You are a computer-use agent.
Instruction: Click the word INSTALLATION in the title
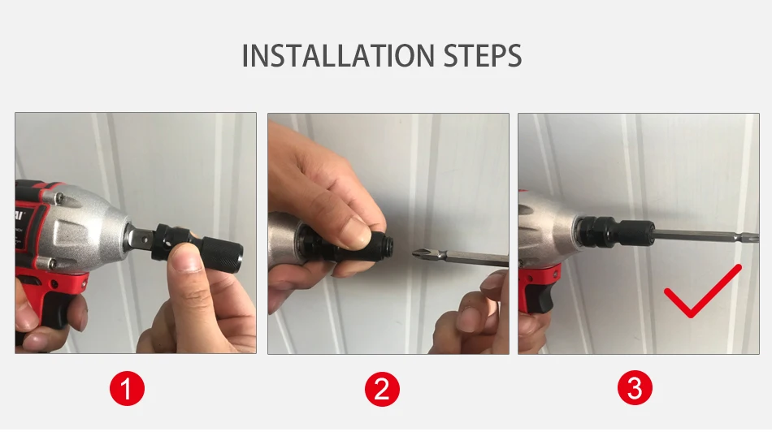click(338, 55)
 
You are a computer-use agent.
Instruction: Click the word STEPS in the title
click(483, 55)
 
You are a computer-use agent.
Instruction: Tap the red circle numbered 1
click(127, 389)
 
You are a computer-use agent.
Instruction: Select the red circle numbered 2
click(382, 389)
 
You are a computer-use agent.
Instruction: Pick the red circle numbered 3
click(635, 388)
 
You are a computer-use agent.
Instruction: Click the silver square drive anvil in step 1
click(139, 240)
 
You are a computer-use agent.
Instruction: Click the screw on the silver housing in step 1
click(60, 198)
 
